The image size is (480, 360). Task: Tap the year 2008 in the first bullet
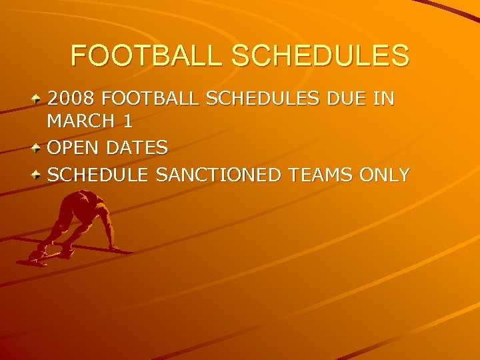(72, 99)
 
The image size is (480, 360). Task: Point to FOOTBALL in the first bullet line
(151, 99)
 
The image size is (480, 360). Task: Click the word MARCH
(80, 122)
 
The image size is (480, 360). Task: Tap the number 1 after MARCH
(127, 122)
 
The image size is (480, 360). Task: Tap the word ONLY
(385, 175)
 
